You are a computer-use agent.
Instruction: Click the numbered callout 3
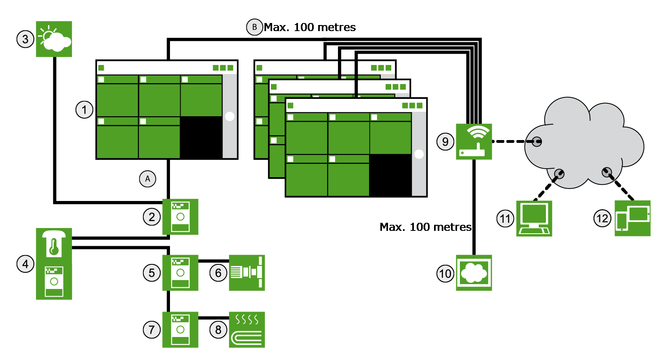[x=25, y=39]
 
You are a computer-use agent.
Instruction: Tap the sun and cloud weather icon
[x=54, y=39]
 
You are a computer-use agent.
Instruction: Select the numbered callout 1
[x=84, y=110]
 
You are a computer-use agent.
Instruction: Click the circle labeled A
[x=147, y=179]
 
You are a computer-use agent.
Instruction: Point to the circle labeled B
[x=254, y=27]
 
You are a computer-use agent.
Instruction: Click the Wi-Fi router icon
[x=474, y=142]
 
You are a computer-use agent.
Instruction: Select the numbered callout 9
[x=445, y=142]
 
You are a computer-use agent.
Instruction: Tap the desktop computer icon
[x=534, y=218]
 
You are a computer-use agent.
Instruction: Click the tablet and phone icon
[x=632, y=218]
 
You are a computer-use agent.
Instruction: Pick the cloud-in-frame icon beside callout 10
[x=474, y=273]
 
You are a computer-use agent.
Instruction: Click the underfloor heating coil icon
[x=247, y=330]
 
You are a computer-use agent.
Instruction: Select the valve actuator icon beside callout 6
[x=247, y=273]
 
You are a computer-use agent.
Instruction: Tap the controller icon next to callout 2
[x=180, y=217]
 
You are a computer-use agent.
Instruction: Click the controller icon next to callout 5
[x=180, y=273]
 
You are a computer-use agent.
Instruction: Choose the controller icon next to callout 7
[x=180, y=330]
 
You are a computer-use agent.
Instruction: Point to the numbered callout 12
[x=602, y=219]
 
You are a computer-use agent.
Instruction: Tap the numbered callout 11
[x=505, y=219]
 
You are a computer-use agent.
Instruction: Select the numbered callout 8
[x=218, y=330]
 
